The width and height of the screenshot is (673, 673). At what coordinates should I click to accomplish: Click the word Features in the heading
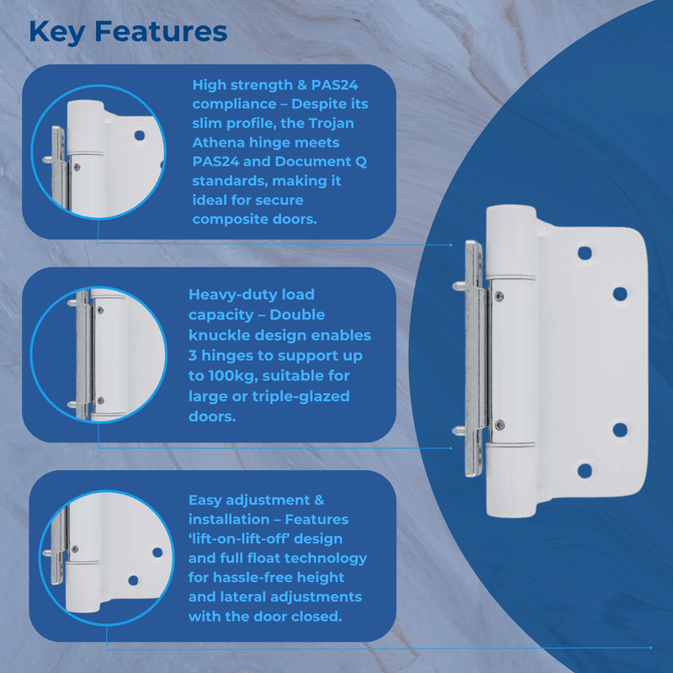pyautogui.click(x=161, y=31)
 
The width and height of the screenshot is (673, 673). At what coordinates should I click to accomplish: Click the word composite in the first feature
pyautogui.click(x=231, y=219)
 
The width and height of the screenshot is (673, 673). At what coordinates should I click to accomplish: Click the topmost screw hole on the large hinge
pyautogui.click(x=584, y=252)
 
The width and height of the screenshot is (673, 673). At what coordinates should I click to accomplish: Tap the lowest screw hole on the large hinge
pyautogui.click(x=584, y=470)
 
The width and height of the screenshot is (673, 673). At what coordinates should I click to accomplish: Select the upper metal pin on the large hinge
pyautogui.click(x=460, y=285)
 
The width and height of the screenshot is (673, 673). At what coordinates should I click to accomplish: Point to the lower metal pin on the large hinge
pyautogui.click(x=460, y=430)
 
